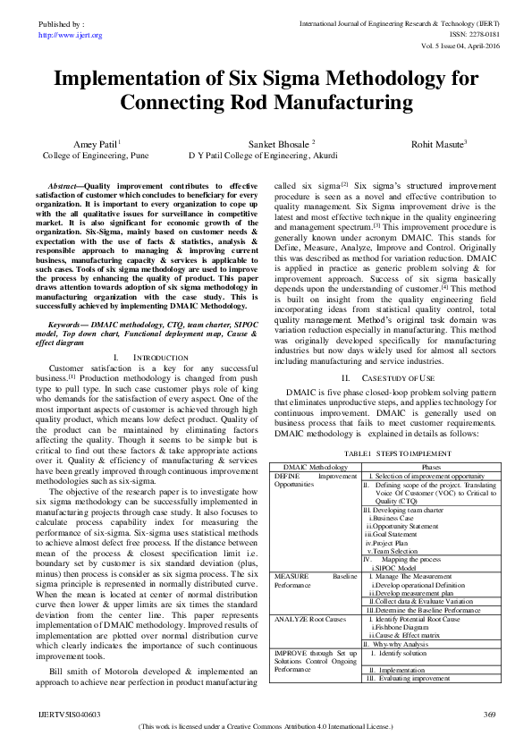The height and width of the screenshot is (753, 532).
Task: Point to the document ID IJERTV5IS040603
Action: pyautogui.click(x=69, y=715)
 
